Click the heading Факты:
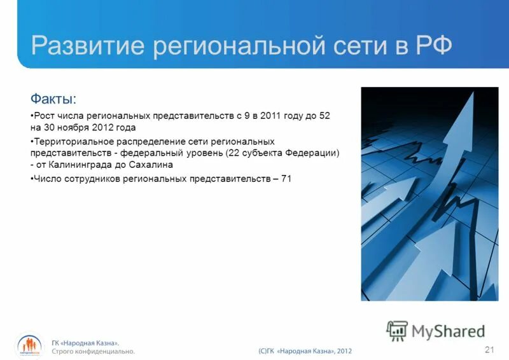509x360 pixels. tap(53, 99)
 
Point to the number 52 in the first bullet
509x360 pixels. tap(324, 116)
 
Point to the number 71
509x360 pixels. tap(286, 179)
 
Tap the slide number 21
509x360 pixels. tap(489, 349)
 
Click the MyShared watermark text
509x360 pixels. tap(448, 331)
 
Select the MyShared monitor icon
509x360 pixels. tap(397, 331)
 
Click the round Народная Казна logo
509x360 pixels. tap(29, 346)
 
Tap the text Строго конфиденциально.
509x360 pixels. tap(94, 351)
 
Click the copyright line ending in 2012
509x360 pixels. tap(305, 351)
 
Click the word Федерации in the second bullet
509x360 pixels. tap(314, 153)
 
